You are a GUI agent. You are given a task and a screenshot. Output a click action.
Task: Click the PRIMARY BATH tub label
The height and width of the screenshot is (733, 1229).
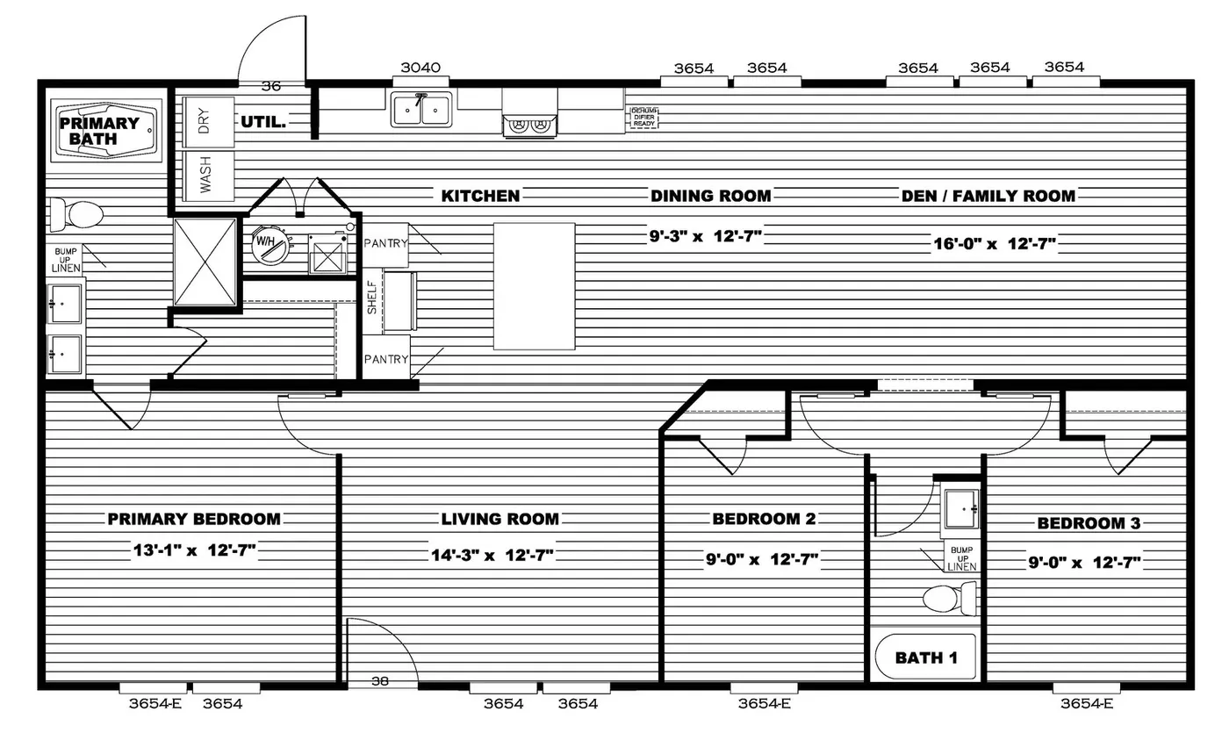(99, 131)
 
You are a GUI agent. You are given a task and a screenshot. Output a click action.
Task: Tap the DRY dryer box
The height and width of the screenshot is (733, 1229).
(204, 123)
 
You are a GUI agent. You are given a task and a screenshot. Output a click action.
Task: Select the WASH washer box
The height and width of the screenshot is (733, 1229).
(204, 176)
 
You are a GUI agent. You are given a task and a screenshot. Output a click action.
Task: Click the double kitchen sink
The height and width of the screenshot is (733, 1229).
(421, 110)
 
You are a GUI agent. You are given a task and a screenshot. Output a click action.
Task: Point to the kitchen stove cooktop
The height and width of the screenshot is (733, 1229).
(528, 125)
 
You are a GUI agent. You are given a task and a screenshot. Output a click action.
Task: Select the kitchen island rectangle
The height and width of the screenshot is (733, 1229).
(534, 286)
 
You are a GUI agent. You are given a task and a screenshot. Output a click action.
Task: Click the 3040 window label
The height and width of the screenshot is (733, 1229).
(420, 68)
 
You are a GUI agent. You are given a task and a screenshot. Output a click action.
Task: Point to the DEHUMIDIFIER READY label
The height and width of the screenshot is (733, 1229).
(643, 118)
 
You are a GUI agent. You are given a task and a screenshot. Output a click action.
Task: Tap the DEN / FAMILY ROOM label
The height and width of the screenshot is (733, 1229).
(988, 196)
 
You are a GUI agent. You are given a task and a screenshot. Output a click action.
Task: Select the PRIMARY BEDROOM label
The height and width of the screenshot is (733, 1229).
(194, 519)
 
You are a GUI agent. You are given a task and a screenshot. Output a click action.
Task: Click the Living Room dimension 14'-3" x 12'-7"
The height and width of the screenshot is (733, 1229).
(492, 555)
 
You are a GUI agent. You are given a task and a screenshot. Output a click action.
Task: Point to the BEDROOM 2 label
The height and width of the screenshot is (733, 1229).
(764, 519)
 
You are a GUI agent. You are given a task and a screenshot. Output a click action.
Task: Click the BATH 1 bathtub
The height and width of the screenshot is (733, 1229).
(925, 657)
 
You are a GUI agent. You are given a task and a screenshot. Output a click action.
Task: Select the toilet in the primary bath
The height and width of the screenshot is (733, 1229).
(76, 213)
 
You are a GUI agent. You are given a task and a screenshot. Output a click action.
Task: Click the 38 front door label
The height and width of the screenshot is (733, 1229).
(380, 680)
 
